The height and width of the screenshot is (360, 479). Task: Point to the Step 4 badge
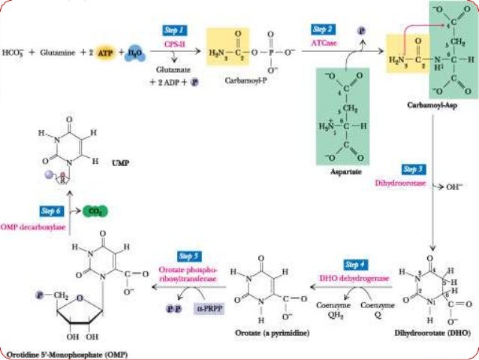pyautogui.click(x=356, y=265)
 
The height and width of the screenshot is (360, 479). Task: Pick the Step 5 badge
pyautogui.click(x=188, y=257)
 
